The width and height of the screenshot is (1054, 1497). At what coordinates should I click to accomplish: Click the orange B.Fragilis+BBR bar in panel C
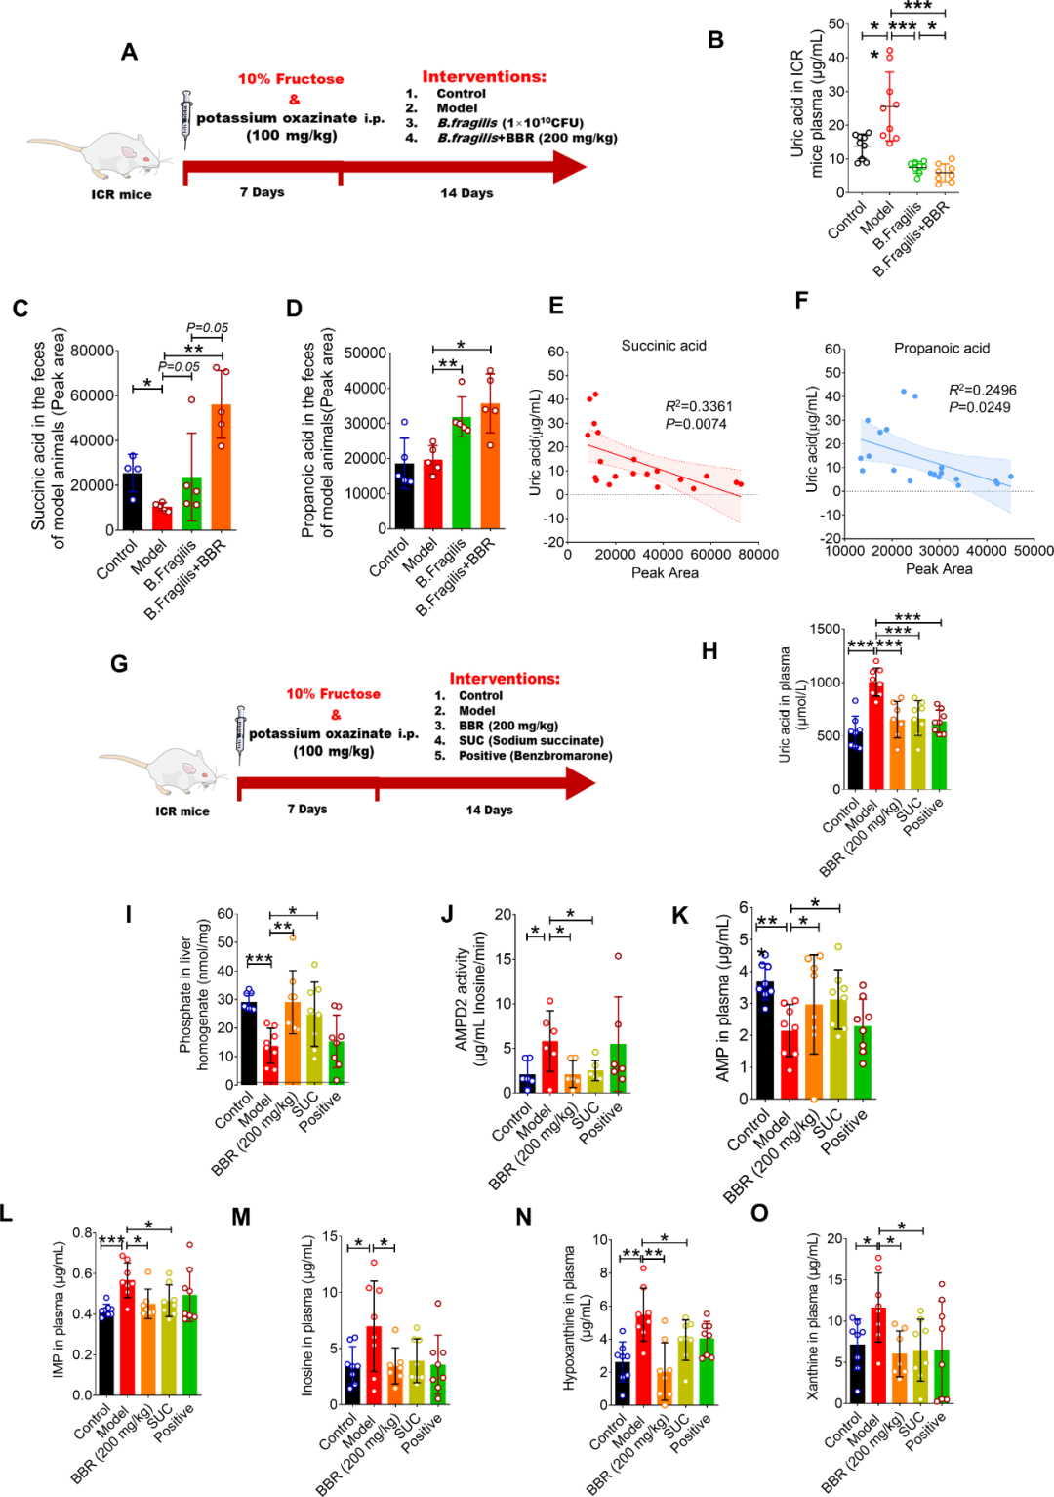coord(222,467)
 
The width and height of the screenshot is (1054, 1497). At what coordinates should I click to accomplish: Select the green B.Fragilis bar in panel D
coord(462,473)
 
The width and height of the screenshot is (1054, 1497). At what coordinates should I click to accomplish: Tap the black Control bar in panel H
coord(855,760)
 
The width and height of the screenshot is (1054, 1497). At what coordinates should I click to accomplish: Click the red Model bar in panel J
coord(549,1066)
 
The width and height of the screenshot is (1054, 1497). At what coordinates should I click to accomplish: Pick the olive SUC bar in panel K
coord(838,1049)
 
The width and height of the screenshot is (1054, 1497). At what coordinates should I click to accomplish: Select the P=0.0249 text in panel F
coord(979,407)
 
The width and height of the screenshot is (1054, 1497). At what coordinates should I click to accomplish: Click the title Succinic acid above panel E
coord(664,346)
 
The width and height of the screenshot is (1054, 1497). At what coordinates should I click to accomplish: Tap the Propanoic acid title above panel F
coord(942,349)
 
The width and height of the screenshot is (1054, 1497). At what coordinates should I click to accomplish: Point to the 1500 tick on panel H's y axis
coord(826,629)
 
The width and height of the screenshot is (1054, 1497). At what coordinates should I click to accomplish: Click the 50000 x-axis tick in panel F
coord(1034,551)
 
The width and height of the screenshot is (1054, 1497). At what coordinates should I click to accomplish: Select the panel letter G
coord(120,664)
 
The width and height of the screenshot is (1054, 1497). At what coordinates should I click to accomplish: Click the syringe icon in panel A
coord(186,120)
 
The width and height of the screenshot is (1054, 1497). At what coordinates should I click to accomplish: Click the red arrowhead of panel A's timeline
coord(569,166)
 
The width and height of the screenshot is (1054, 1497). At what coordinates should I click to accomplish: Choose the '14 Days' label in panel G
coord(490,810)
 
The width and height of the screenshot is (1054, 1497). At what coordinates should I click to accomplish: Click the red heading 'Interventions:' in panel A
coord(484,77)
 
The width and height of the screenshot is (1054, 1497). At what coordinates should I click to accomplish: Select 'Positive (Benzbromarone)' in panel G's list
coord(535,755)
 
